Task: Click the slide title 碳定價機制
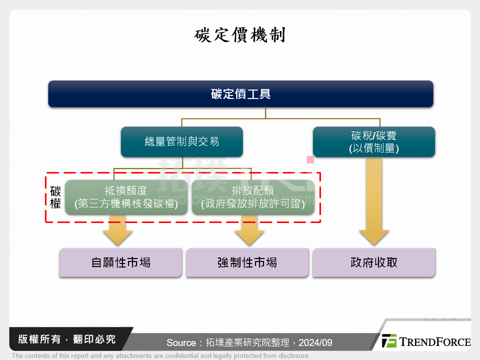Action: [240, 36]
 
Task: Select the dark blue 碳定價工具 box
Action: [240, 94]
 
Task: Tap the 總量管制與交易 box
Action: [182, 141]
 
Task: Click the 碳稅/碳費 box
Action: [373, 141]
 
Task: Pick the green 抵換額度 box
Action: [126, 197]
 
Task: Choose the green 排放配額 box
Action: [253, 197]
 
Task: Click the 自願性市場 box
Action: [120, 262]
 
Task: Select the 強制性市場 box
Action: [247, 262]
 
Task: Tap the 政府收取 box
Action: [373, 262]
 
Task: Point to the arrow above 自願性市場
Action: [118, 231]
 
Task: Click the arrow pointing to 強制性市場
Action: [249, 231]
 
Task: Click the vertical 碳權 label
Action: [55, 197]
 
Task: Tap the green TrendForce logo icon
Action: [389, 341]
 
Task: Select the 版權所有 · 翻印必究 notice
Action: [66, 339]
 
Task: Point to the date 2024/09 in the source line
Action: [316, 343]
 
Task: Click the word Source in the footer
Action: [181, 343]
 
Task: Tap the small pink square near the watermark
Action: [310, 160]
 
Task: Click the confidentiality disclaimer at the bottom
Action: [160, 356]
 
